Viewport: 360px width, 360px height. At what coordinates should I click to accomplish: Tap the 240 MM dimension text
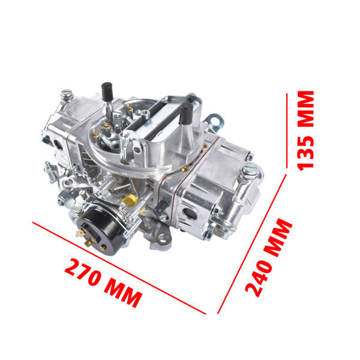click(269, 258)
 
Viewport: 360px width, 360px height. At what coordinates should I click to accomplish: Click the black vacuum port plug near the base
click(160, 209)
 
